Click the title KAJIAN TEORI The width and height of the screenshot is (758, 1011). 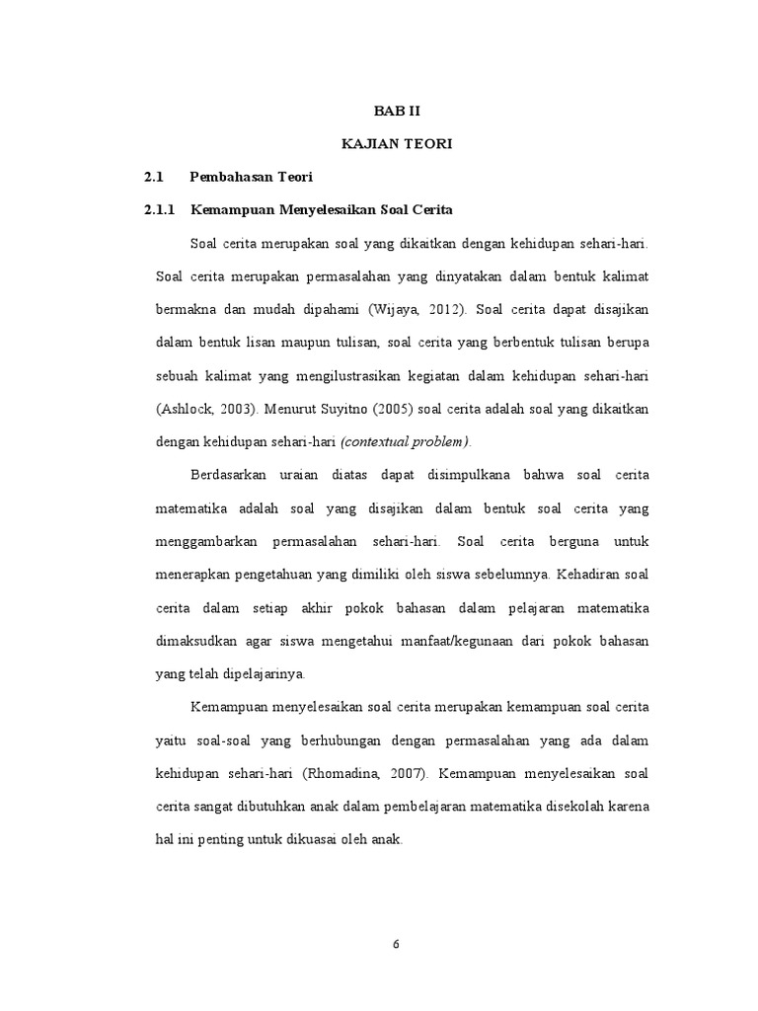[x=397, y=145]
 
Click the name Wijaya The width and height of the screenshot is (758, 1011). [x=395, y=307]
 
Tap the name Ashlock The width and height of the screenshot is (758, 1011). [x=187, y=409]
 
